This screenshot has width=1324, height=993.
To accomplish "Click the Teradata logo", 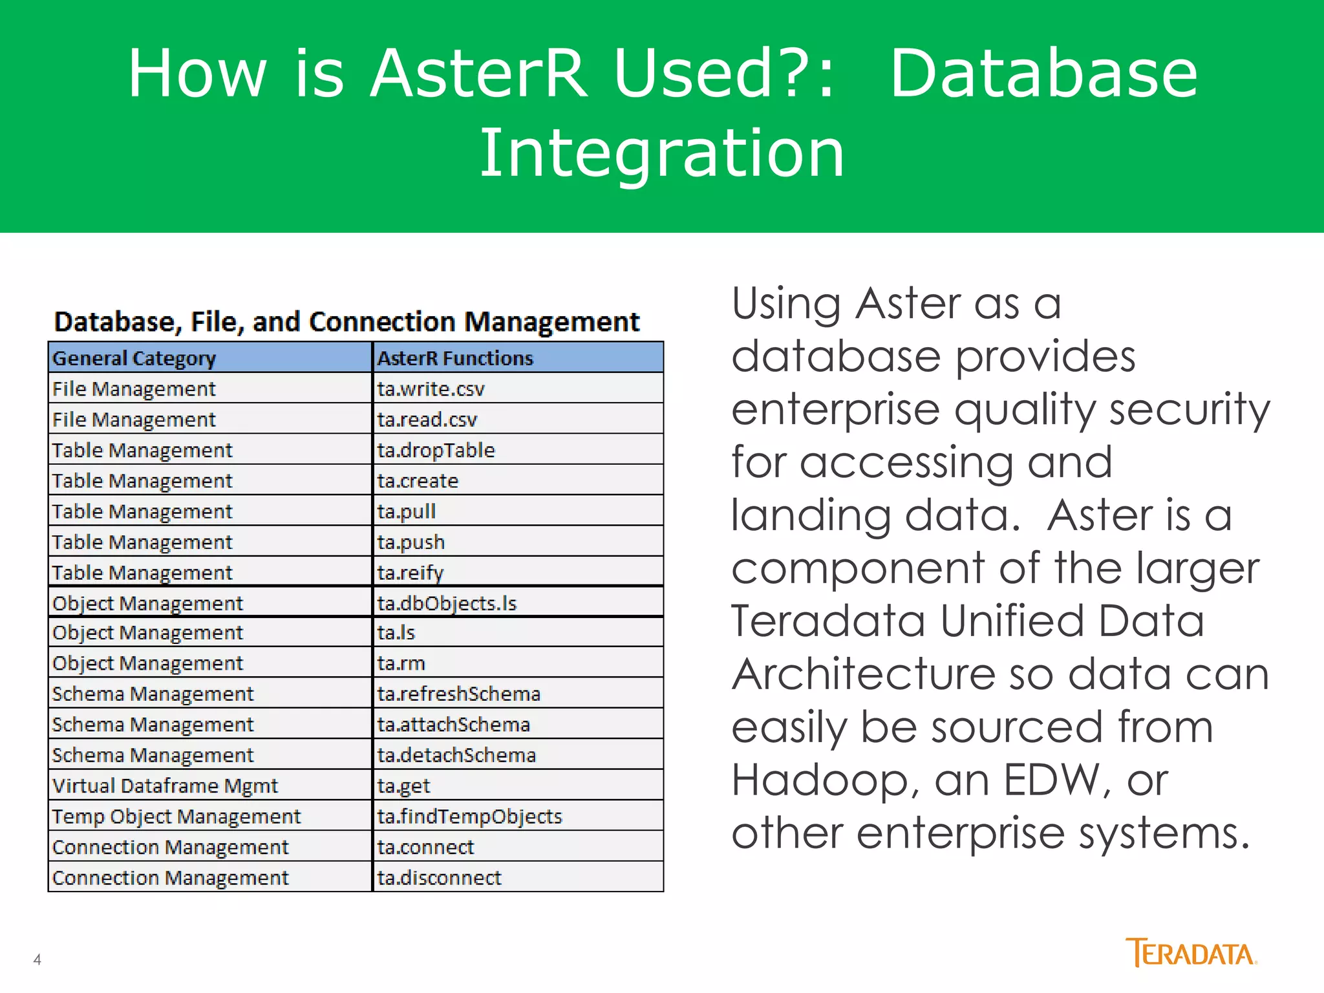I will click(x=1191, y=953).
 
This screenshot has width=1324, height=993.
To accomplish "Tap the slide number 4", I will click(x=37, y=959).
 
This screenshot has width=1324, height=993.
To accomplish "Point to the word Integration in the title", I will click(x=661, y=153).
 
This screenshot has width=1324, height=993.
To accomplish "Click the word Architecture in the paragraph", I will click(x=864, y=674).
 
